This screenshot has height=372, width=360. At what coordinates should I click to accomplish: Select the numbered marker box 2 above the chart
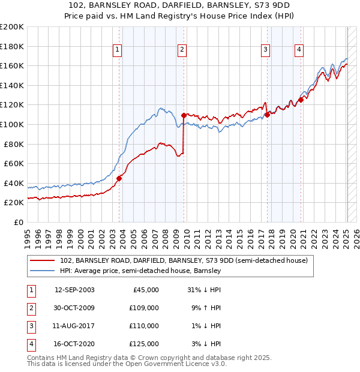pos(181,50)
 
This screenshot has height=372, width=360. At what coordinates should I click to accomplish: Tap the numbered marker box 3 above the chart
pos(265,50)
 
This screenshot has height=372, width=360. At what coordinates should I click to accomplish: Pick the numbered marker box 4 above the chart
pos(298,50)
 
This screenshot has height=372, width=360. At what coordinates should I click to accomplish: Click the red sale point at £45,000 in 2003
pos(119,178)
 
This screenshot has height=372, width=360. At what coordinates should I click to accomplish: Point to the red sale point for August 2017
pos(267,115)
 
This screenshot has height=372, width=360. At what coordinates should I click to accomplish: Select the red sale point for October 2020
pos(301,100)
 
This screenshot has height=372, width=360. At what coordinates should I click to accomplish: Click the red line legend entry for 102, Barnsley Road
pos(184,260)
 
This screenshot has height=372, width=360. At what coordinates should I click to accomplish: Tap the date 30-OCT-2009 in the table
pos(74,308)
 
